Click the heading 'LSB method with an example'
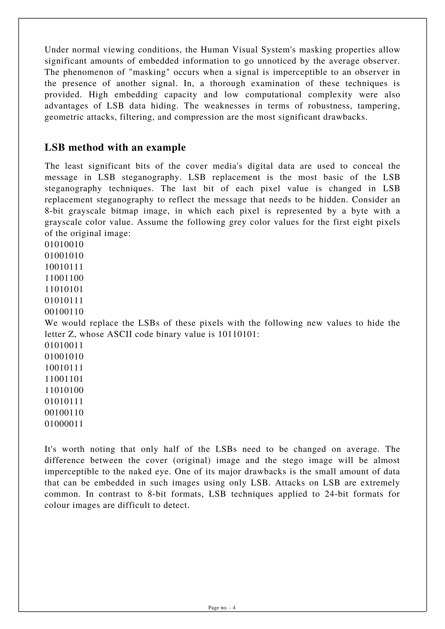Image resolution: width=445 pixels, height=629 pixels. point(115,148)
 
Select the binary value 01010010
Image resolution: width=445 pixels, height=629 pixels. point(64,244)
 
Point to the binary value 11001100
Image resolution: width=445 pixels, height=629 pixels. point(64,278)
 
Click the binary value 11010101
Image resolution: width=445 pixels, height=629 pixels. point(64,289)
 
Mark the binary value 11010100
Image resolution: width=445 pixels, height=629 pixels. point(64,390)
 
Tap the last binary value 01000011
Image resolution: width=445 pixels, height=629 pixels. point(64,424)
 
